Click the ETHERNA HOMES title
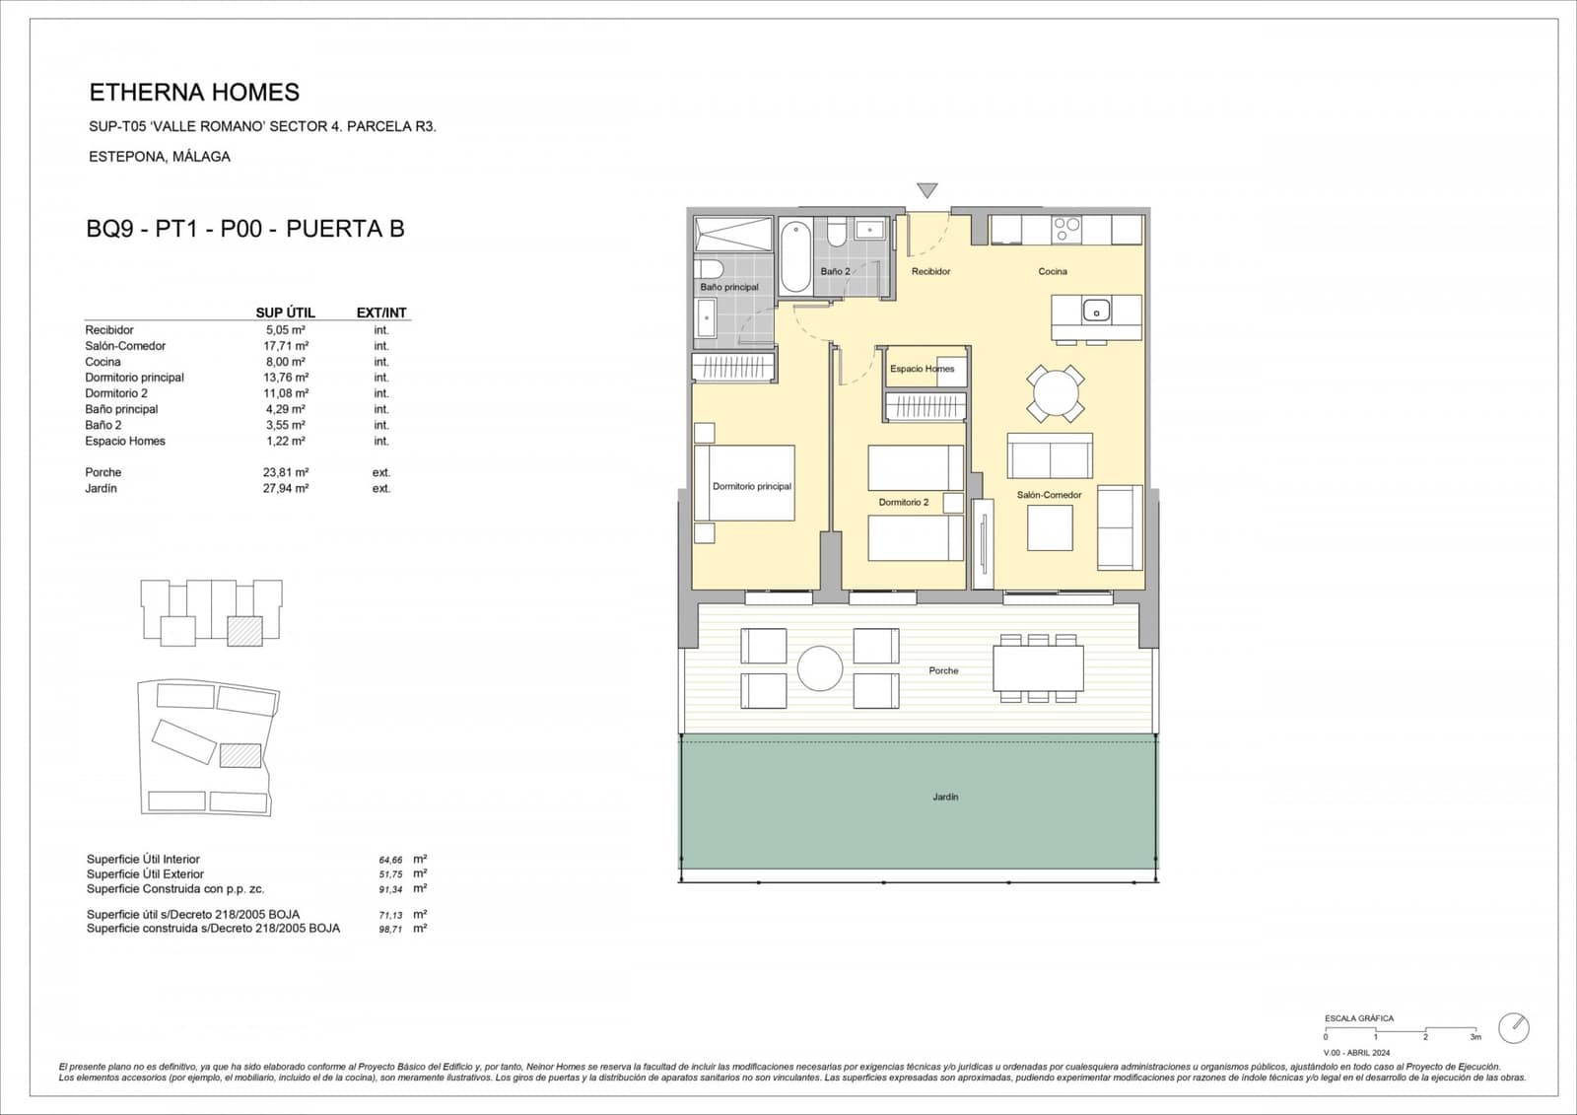pos(194,93)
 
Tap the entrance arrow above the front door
pos(926,190)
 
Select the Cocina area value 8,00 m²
pos(285,362)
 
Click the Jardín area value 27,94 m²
pos(285,488)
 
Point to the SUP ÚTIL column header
pos(285,313)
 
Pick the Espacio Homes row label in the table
pos(125,441)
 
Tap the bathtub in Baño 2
pos(795,256)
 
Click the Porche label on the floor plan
pos(943,670)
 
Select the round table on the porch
pos(820,668)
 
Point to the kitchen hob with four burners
pos(1066,230)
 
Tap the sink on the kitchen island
pos(1096,312)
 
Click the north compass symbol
pos(1513,1028)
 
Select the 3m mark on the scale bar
pos(1475,1037)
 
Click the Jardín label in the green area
pos(944,797)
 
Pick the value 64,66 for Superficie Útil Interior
pos(390,860)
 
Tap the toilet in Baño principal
pos(710,268)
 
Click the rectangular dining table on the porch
pos(1038,667)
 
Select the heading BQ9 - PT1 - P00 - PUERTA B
pos(245,229)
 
